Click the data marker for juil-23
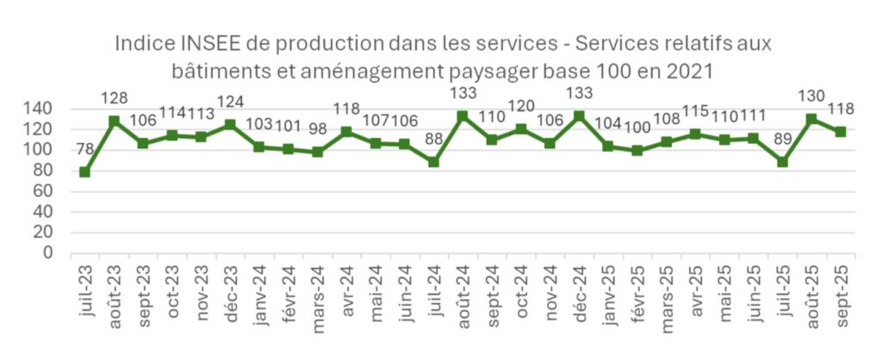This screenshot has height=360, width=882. pyautogui.click(x=84, y=172)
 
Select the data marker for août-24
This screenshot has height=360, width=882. pyautogui.click(x=462, y=115)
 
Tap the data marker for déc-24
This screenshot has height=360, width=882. pyautogui.click(x=579, y=115)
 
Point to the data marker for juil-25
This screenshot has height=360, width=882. pyautogui.click(x=782, y=161)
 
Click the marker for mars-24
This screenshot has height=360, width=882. pyautogui.click(x=318, y=152)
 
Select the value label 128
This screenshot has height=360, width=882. pyautogui.click(x=115, y=96)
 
